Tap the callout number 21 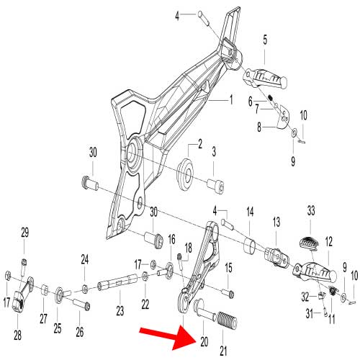click(x=223, y=351)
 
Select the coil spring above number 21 click(x=227, y=319)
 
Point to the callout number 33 click(x=311, y=211)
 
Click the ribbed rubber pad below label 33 click(x=309, y=243)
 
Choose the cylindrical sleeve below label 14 click(x=250, y=246)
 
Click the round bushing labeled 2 click(x=185, y=174)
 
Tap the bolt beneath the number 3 click(x=215, y=186)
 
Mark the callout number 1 click(x=231, y=99)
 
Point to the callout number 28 click(x=17, y=335)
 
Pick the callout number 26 click(x=80, y=332)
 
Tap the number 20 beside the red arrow click(x=204, y=341)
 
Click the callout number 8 click(x=259, y=127)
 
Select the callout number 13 click(x=276, y=222)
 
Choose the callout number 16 click(x=171, y=239)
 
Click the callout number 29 click(x=25, y=232)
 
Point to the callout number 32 click(x=305, y=297)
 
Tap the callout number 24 click(x=85, y=260)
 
